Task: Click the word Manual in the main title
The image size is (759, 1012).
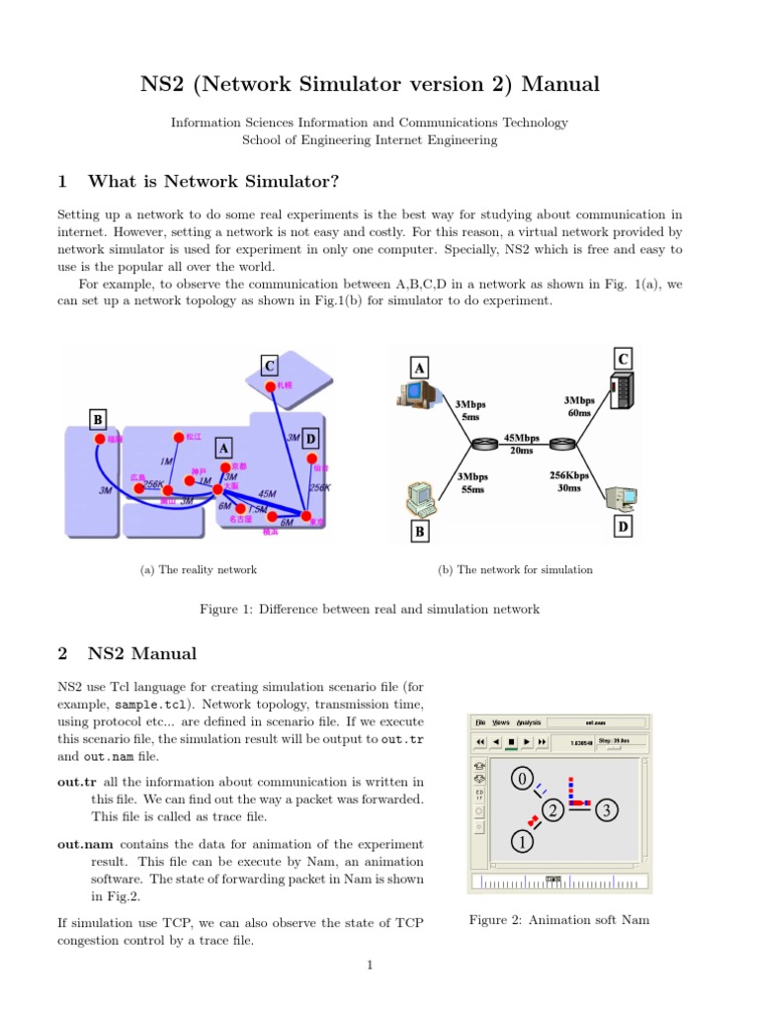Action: click(x=560, y=85)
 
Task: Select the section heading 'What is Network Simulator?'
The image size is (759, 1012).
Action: click(x=213, y=181)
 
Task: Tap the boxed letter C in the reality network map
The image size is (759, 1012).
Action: click(x=269, y=366)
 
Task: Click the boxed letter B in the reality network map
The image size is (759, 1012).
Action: click(x=98, y=420)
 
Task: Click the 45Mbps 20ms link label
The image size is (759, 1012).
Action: click(x=521, y=443)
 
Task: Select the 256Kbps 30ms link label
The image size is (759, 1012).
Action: click(x=569, y=481)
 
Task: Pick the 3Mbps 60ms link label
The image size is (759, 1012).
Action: click(x=579, y=405)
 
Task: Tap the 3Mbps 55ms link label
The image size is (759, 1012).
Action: click(x=472, y=482)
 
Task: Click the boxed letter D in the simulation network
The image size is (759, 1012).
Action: click(x=623, y=528)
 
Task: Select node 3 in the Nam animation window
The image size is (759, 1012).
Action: click(x=606, y=810)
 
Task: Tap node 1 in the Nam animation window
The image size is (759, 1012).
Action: click(x=520, y=842)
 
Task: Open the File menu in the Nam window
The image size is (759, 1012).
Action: click(x=480, y=722)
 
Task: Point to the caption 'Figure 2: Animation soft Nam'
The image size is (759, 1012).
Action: click(x=558, y=920)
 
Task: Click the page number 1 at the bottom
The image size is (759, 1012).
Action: click(x=369, y=966)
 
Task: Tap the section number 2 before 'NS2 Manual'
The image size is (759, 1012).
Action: click(x=62, y=653)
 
